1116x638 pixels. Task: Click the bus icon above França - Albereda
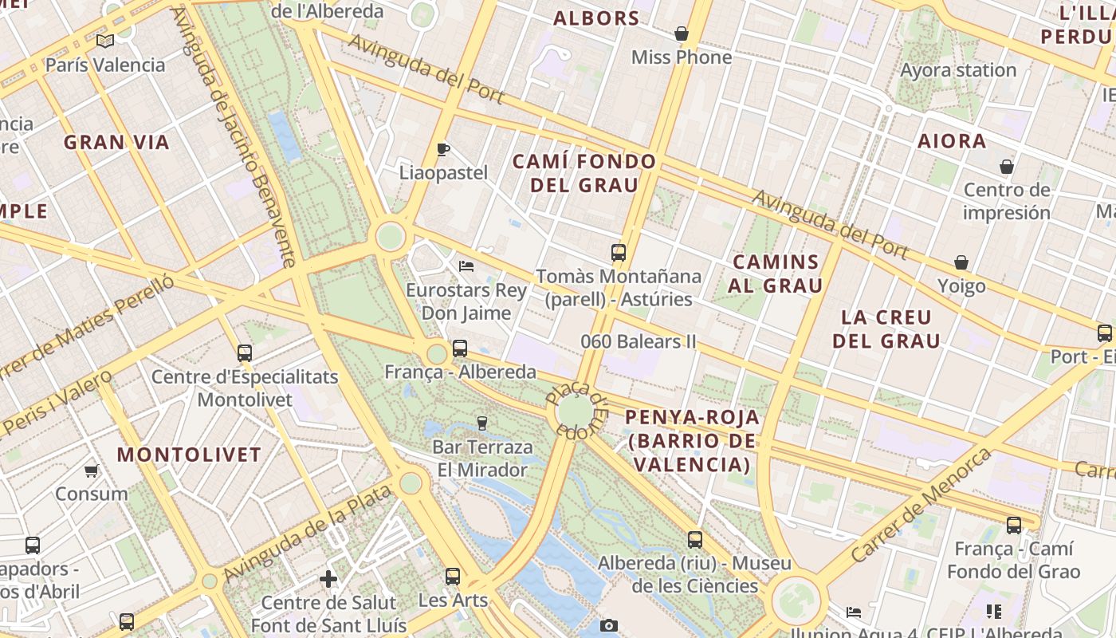coord(460,349)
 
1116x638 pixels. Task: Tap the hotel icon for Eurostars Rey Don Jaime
coord(466,266)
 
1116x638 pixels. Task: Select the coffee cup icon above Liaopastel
coord(443,149)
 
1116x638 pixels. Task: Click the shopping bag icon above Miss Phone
coord(682,33)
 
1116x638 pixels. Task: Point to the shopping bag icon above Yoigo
coord(961,262)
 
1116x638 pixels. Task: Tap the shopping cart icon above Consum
coord(92,471)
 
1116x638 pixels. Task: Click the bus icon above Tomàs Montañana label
coord(619,254)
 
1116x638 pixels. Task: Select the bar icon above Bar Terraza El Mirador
coord(481,423)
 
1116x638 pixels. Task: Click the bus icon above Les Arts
coord(453,576)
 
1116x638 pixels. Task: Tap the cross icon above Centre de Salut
coord(328,579)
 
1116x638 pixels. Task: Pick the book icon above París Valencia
coord(105,41)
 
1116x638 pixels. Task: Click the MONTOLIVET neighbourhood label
coord(189,455)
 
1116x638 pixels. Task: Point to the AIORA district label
coord(952,141)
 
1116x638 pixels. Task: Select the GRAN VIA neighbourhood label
coord(116,143)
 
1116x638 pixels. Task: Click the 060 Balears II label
coord(638,341)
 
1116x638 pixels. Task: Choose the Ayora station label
coord(958,70)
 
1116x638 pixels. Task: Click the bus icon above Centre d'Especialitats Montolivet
coord(245,353)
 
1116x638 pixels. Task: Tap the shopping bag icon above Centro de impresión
coord(1007,167)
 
